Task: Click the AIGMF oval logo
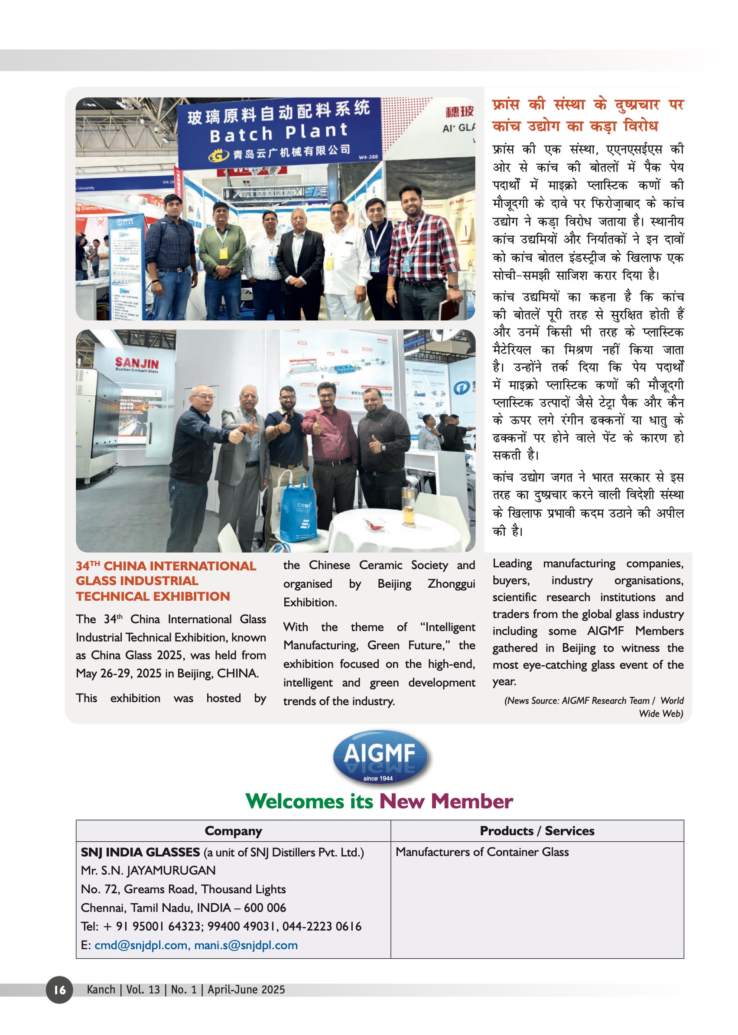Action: click(x=380, y=757)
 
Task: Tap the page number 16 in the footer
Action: click(x=59, y=989)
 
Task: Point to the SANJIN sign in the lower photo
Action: click(x=137, y=363)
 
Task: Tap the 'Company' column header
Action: click(x=233, y=830)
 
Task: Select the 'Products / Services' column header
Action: click(x=536, y=830)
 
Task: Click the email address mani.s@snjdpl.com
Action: click(x=246, y=945)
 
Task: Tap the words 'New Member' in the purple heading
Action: click(x=446, y=801)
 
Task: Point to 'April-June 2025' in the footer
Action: click(x=246, y=989)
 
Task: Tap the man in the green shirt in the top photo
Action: click(x=222, y=254)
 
